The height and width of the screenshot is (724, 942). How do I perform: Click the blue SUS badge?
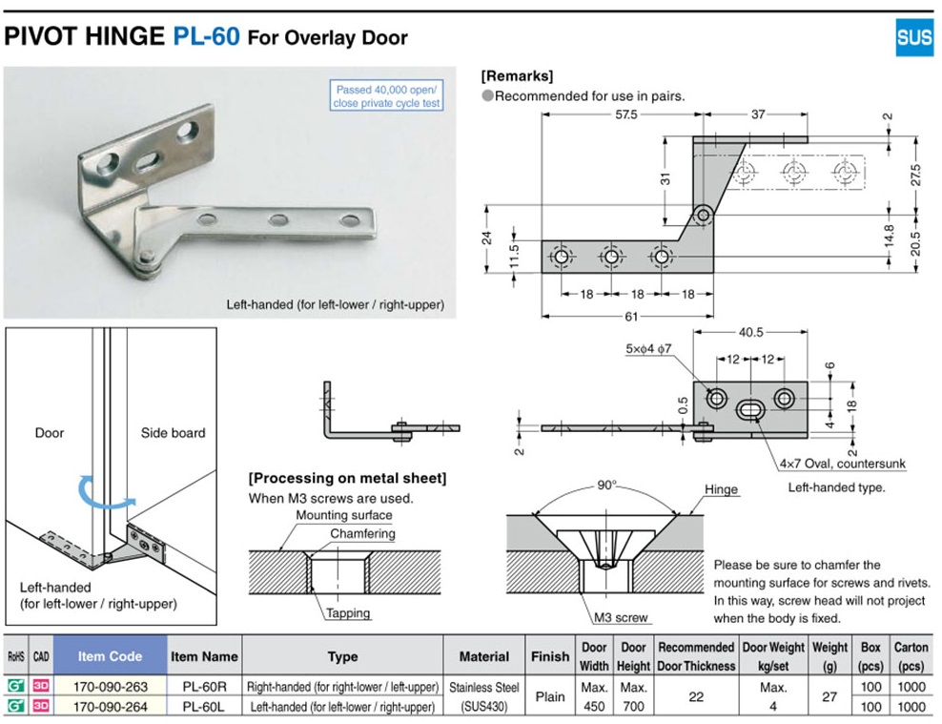tap(914, 37)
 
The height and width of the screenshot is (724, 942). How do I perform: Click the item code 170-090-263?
tap(110, 686)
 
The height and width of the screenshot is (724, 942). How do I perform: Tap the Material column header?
tap(484, 656)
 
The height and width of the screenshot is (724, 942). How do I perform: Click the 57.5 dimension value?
tap(625, 114)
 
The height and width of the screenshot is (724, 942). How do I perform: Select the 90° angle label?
tap(607, 486)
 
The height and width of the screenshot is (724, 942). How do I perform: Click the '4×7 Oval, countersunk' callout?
tap(842, 465)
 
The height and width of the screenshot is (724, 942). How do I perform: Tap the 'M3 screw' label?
tap(621, 617)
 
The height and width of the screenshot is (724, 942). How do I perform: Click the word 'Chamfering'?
tap(362, 534)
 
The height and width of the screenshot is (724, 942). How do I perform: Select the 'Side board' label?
tap(173, 433)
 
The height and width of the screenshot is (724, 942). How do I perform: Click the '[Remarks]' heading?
tap(517, 76)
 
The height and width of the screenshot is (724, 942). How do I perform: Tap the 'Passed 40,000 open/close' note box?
tap(387, 96)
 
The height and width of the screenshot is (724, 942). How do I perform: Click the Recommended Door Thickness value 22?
tap(696, 697)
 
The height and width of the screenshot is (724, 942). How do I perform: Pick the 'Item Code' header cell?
tap(110, 656)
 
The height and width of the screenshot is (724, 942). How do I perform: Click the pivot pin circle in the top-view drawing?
tap(703, 215)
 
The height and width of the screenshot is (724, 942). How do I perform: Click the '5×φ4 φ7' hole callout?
tap(649, 349)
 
